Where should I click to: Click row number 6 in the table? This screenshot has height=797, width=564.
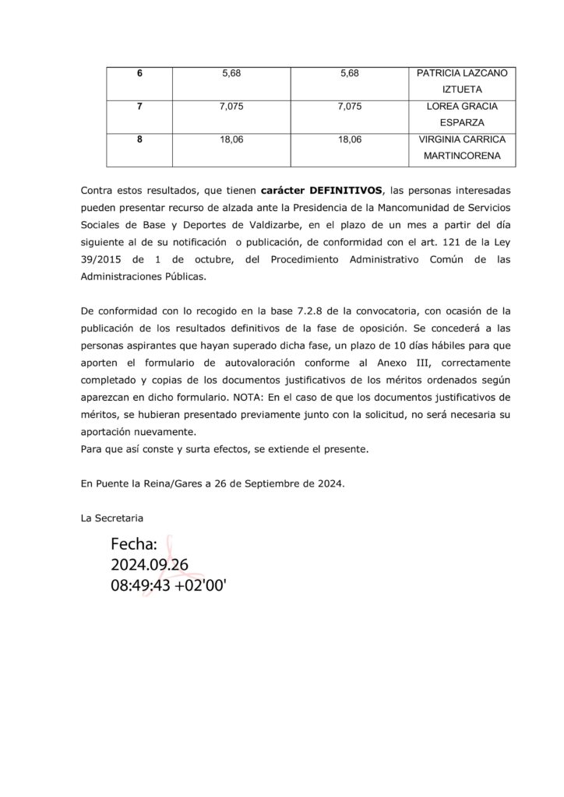139,73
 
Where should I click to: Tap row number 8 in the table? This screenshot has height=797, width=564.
139,140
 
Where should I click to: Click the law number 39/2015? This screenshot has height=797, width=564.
102,259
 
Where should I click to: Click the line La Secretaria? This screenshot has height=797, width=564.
112,517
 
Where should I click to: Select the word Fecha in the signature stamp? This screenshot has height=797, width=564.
134,545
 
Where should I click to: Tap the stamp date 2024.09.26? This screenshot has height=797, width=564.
150,564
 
